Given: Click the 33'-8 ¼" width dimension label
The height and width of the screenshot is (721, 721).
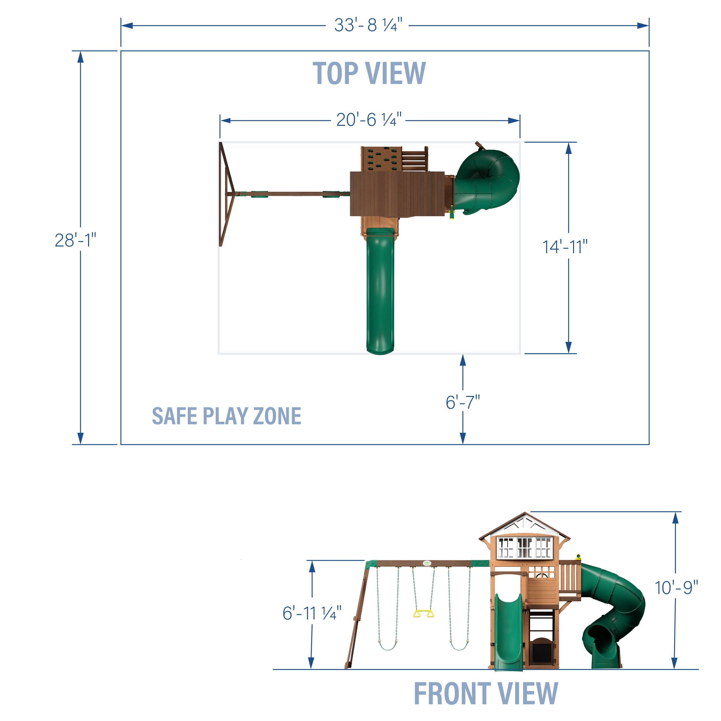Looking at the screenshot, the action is coord(368,25).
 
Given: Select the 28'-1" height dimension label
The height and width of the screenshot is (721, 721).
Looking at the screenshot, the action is coord(75,240).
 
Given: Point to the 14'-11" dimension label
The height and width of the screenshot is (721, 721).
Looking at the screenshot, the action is coord(565,247).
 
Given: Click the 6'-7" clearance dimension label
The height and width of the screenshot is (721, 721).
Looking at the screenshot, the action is coord(463,402).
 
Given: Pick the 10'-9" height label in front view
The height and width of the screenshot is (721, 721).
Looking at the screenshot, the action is coord(676,588).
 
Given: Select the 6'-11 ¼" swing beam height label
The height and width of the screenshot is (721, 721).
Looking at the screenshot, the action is coord(311,613).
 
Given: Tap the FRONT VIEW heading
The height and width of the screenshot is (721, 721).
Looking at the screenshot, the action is coord(486,693).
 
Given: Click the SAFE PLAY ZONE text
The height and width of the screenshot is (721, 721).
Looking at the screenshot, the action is coord(226,416).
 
